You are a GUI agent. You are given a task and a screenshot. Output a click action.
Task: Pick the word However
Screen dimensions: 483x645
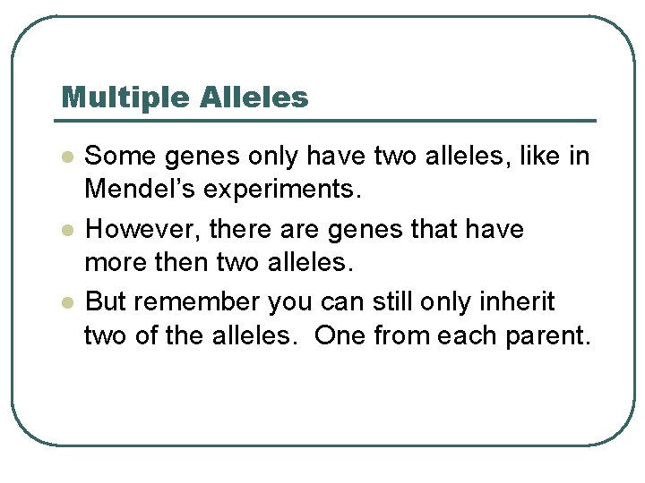(x=144, y=230)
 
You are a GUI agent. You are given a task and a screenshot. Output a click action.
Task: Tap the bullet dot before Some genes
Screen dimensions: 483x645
(x=66, y=157)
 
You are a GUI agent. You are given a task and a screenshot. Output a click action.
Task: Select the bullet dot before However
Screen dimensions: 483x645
(x=66, y=231)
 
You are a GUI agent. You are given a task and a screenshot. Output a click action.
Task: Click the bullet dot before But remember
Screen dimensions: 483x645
(x=66, y=303)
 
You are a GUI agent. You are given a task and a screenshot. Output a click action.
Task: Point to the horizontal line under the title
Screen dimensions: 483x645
(x=328, y=121)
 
